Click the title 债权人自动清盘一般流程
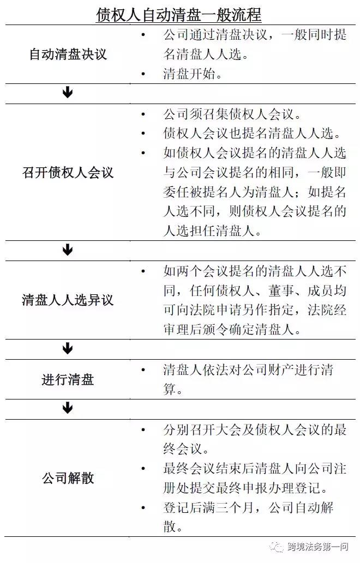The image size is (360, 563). tap(178, 15)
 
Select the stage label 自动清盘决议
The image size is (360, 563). tap(68, 55)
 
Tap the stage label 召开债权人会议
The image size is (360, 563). tap(68, 173)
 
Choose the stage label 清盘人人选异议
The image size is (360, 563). tap(68, 300)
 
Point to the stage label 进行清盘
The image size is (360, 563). tap(68, 379)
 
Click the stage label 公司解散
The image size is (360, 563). tap(68, 478)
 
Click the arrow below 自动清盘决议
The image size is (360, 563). tap(68, 93)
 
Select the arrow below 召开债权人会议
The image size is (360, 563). tap(68, 250)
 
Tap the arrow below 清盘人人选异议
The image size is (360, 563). tap(68, 348)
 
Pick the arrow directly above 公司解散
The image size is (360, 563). tap(68, 408)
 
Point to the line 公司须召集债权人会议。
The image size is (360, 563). tap(232, 114)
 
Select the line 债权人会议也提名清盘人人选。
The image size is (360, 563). tap(252, 134)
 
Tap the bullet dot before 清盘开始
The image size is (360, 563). tap(143, 74)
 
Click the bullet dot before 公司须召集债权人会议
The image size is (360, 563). tap(143, 114)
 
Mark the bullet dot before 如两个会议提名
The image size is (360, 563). tap(143, 271)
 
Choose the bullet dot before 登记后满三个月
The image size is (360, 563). tap(143, 508)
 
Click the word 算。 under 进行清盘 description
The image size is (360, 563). tap(173, 389)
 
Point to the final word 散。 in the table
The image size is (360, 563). tap(173, 526)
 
